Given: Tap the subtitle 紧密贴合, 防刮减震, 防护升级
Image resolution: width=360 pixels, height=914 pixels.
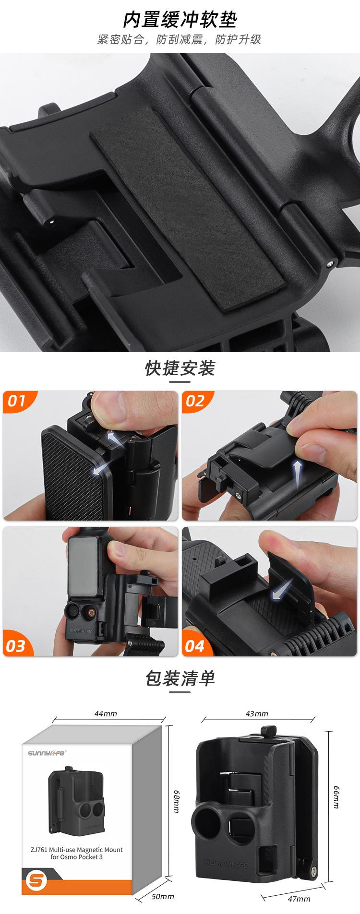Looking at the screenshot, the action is [180, 40].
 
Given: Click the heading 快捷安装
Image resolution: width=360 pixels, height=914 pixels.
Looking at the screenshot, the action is [180, 368].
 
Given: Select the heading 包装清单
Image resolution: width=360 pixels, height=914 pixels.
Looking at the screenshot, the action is [180, 678].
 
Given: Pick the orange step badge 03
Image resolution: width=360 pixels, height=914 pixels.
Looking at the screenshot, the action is [16, 646].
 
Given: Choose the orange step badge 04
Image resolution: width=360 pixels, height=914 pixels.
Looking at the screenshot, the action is [194, 646].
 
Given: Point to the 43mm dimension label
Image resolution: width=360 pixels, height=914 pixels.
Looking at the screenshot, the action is [257, 713].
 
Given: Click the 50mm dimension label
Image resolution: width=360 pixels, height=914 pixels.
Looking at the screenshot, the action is [163, 896].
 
